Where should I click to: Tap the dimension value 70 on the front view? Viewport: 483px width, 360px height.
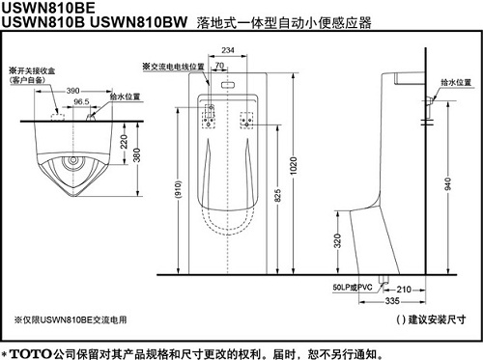click(x=221, y=66)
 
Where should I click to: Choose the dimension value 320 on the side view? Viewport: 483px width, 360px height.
click(x=337, y=243)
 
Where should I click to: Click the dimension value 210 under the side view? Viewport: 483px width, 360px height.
click(x=404, y=288)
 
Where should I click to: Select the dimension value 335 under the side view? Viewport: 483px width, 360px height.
click(x=391, y=301)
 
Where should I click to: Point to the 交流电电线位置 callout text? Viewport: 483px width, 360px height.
click(x=173, y=66)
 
